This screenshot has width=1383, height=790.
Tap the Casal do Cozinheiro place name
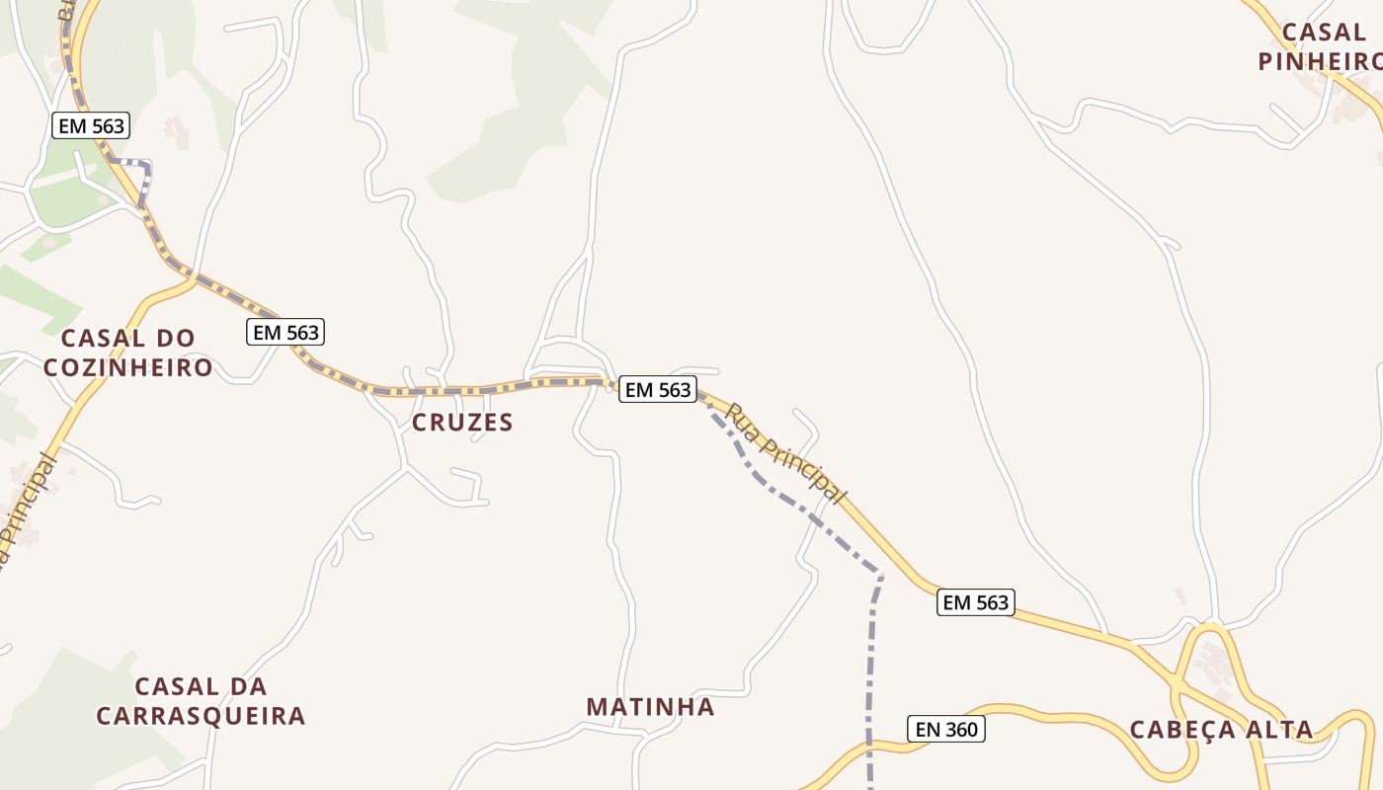pyautogui.click(x=127, y=353)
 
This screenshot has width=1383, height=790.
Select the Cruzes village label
pyautogui.click(x=462, y=423)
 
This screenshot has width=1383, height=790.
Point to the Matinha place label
pyautogui.click(x=650, y=707)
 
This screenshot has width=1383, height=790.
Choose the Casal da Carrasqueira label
pyautogui.click(x=201, y=701)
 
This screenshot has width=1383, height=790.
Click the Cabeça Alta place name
pyautogui.click(x=1221, y=730)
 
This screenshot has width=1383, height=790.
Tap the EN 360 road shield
pyautogui.click(x=946, y=730)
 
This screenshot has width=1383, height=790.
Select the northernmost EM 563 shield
pyautogui.click(x=91, y=126)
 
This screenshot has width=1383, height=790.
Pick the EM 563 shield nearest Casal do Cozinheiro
pyautogui.click(x=285, y=333)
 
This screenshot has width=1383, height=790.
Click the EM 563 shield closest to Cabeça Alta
pyautogui.click(x=976, y=602)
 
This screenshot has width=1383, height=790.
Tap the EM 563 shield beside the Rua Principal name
pyautogui.click(x=658, y=390)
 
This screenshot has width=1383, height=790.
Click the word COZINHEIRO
pyautogui.click(x=127, y=367)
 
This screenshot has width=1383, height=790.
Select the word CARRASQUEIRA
pyautogui.click(x=201, y=716)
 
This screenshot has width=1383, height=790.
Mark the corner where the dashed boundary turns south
pyautogui.click(x=879, y=574)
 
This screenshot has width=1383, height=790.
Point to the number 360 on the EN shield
pyautogui.click(x=959, y=730)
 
